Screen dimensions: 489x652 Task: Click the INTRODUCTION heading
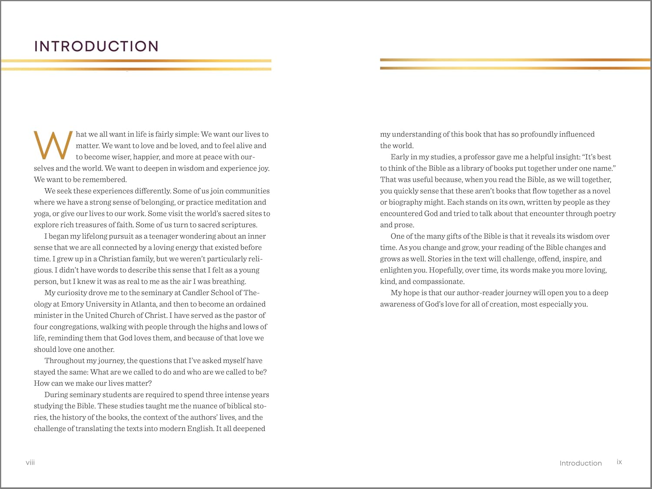[x=96, y=46]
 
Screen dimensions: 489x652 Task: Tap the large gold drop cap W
[x=53, y=146]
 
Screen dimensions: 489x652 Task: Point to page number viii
[x=30, y=462]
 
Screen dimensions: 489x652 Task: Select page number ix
[x=619, y=462]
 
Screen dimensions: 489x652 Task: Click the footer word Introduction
[x=580, y=463]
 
